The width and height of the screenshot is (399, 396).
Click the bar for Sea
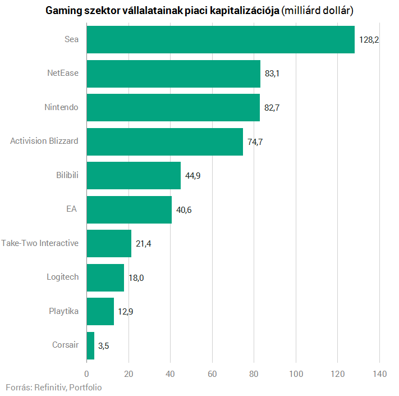[x=221, y=40]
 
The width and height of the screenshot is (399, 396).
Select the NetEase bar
[x=173, y=74]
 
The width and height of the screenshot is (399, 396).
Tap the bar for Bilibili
[x=134, y=175]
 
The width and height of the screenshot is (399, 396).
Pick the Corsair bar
[x=90, y=345]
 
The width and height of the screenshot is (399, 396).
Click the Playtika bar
[x=100, y=311]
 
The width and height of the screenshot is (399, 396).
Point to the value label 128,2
[x=369, y=40]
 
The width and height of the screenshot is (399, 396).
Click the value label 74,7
[x=255, y=142]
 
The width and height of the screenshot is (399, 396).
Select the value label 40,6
[x=184, y=210]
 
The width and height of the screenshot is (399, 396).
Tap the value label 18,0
[x=136, y=277]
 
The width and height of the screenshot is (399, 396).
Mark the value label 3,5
[x=103, y=346]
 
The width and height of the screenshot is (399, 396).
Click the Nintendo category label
[x=61, y=107]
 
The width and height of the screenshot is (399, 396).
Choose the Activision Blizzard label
[x=44, y=140]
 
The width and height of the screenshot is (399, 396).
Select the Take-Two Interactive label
[x=40, y=243]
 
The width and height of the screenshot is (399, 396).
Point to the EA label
[x=71, y=209]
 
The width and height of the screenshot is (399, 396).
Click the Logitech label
[x=62, y=276]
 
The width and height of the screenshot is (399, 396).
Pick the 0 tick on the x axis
[x=87, y=374]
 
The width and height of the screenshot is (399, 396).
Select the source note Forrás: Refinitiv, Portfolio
[x=54, y=387]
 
